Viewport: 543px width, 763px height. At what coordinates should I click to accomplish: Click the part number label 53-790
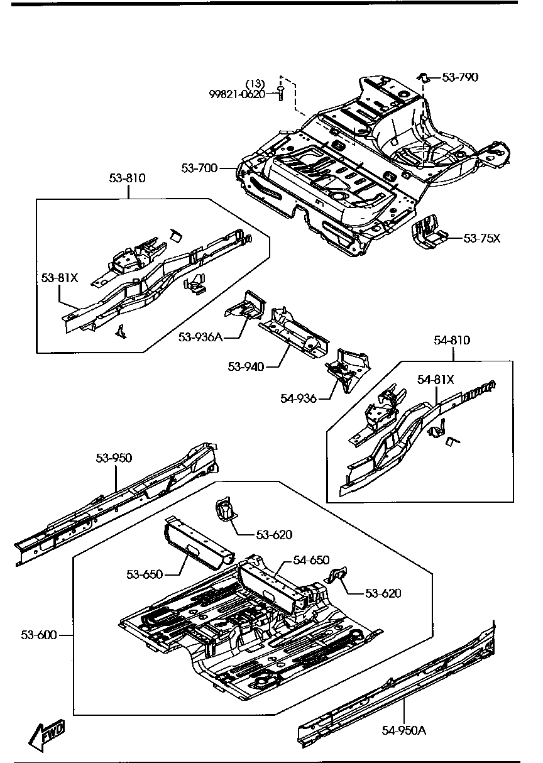click(x=460, y=77)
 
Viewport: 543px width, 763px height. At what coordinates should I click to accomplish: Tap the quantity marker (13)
click(x=255, y=84)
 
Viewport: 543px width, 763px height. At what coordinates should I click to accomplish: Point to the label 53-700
click(x=199, y=168)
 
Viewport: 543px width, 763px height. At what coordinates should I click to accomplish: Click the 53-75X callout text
click(x=481, y=238)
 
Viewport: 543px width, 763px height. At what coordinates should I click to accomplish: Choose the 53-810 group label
click(x=127, y=178)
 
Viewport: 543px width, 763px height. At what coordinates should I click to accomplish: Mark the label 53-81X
click(x=60, y=277)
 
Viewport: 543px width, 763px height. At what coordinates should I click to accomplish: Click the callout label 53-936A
click(x=200, y=337)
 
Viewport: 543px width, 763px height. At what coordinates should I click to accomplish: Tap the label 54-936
click(x=299, y=398)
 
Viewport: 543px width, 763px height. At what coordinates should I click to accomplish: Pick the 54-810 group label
click(x=452, y=340)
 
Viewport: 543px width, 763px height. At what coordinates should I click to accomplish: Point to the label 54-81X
click(x=436, y=379)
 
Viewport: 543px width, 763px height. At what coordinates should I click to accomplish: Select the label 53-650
click(x=145, y=574)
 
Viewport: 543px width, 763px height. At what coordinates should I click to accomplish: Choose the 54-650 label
click(x=312, y=560)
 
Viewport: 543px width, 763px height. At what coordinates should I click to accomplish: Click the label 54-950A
click(x=404, y=730)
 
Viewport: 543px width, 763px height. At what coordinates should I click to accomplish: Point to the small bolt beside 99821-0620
click(x=281, y=94)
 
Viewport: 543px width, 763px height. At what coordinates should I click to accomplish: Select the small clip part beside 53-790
click(x=424, y=77)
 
